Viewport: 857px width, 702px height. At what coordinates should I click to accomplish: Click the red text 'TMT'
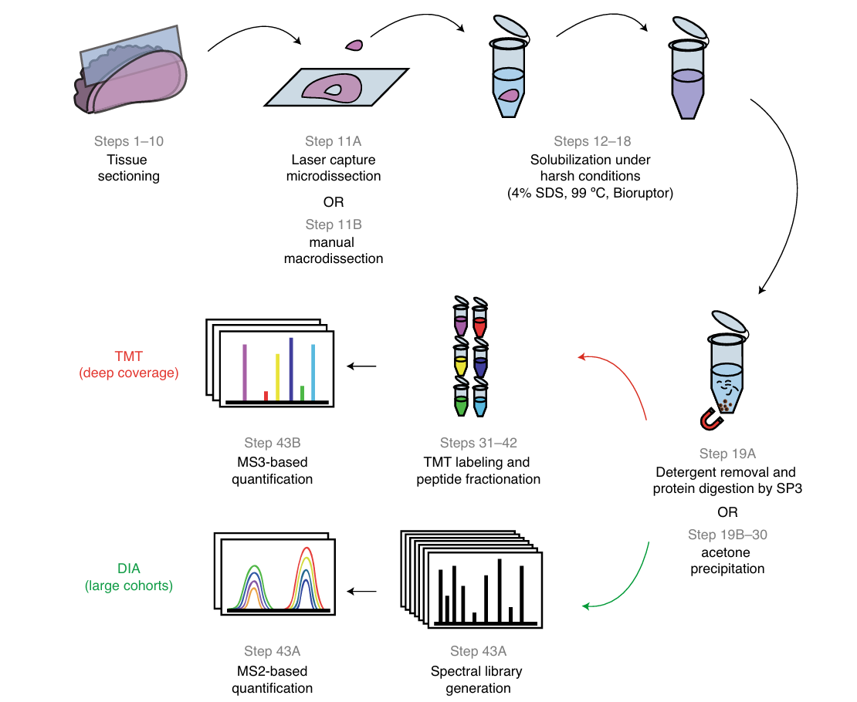(x=128, y=356)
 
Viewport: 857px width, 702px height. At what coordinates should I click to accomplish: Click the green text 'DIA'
(x=128, y=569)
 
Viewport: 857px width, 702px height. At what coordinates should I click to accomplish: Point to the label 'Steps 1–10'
(x=129, y=141)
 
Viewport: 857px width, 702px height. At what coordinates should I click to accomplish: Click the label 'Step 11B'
(x=334, y=224)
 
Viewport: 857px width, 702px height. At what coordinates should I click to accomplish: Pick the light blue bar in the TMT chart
(x=313, y=373)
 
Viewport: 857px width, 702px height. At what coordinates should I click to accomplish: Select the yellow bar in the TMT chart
(x=277, y=377)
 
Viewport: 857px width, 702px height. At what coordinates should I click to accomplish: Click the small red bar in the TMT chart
(x=266, y=396)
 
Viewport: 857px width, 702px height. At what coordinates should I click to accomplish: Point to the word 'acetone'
(x=728, y=552)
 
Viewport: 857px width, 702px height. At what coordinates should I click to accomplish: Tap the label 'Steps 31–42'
(x=478, y=443)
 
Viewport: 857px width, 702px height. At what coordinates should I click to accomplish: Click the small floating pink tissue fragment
(x=354, y=46)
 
